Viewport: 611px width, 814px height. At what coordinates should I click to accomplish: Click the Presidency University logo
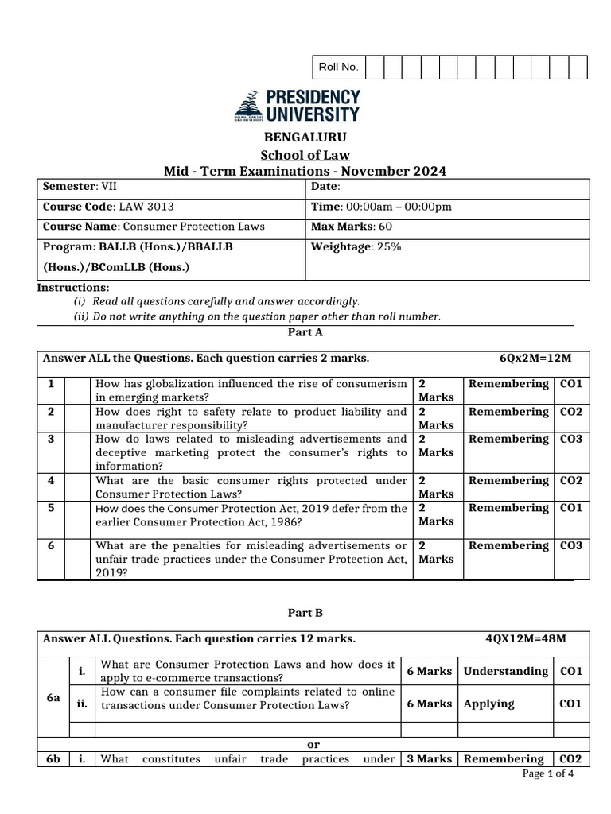point(297,106)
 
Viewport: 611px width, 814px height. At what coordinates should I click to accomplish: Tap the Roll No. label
point(338,68)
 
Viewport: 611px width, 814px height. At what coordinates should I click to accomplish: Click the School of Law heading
point(305,155)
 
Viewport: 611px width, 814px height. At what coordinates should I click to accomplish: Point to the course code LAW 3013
point(145,207)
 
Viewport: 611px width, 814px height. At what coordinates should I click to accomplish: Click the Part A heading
point(305,333)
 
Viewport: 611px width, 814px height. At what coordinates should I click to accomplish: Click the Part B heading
point(305,613)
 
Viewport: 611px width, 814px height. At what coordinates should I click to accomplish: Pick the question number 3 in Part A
point(51,439)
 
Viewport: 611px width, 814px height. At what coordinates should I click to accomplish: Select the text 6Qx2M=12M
point(535,359)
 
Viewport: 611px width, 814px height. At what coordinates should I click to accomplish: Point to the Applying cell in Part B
point(488,704)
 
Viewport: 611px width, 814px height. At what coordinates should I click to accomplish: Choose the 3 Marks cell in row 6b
point(429,759)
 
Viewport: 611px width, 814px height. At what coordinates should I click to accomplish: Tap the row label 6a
point(53,696)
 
